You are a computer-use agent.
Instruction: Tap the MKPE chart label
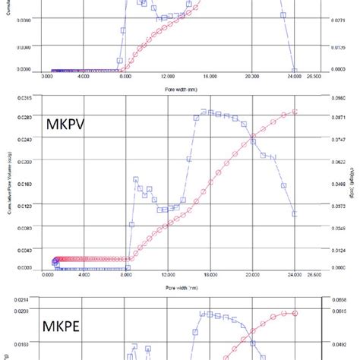tap(68, 321)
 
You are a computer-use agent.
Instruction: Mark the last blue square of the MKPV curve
tap(295, 215)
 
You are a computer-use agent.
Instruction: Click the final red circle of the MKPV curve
tap(295, 112)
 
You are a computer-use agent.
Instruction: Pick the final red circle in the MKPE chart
tap(295, 313)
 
